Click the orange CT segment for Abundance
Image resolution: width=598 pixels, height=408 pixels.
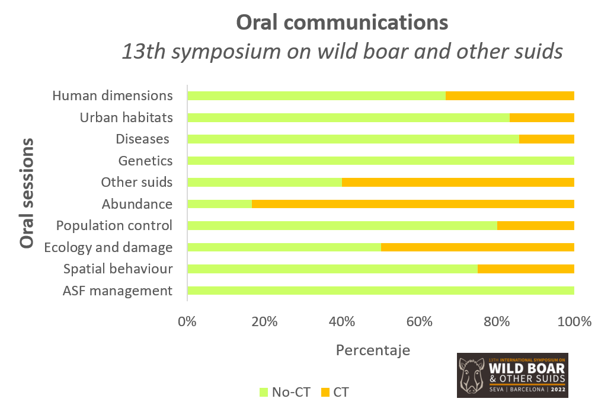412,204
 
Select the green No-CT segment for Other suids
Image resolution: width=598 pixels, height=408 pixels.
264,182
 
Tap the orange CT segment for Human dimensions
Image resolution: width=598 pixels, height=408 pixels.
510,95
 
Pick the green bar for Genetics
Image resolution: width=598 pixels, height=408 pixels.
380,161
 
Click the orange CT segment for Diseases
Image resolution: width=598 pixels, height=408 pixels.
546,139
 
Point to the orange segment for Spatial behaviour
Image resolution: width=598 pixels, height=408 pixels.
526,269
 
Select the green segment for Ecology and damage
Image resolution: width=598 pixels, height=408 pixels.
284,247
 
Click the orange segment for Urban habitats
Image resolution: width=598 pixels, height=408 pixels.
542,117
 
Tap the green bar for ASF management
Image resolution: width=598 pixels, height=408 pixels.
380,291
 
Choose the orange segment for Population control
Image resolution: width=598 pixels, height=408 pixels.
535,225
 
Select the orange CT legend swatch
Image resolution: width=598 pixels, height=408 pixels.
324,392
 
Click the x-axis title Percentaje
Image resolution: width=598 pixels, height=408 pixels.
373,350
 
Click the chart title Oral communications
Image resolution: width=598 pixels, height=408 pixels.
342,23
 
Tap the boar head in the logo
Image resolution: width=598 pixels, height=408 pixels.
473,376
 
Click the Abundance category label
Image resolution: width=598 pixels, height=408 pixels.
137,204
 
